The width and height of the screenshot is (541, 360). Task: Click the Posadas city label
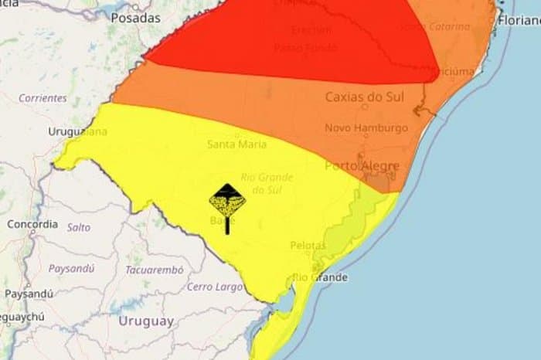point(135,17)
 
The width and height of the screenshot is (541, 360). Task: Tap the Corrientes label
point(43,98)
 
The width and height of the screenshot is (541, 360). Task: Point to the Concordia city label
point(32,224)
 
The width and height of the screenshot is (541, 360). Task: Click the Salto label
point(79,227)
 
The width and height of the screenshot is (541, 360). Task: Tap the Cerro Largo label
point(209,287)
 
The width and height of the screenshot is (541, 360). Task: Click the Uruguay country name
point(146,321)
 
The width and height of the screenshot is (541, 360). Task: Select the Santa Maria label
point(237,144)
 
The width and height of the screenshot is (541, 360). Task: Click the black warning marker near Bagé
point(227,202)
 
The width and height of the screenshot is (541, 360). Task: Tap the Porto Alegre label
point(362,165)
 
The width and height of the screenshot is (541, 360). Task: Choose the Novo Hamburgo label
point(366,127)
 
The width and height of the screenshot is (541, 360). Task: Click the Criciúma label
point(456,71)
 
